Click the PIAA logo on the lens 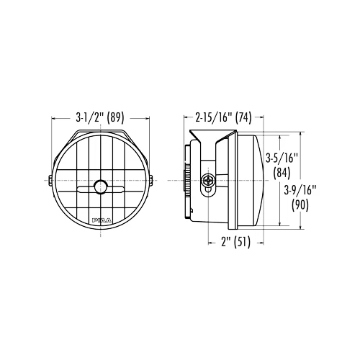[101, 217]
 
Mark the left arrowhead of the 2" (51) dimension [210, 242]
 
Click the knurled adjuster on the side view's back [189, 180]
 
